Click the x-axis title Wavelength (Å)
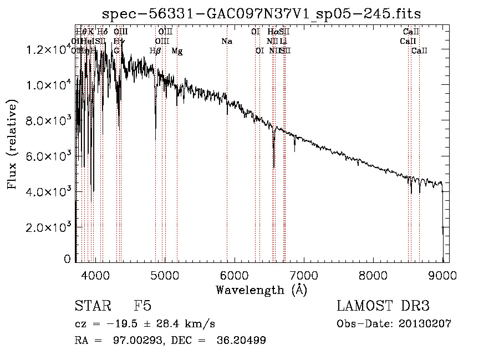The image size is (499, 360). [261, 290]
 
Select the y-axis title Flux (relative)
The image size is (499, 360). [12, 144]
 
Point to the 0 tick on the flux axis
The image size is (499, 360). [68, 259]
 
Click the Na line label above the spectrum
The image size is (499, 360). [226, 41]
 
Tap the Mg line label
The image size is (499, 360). [177, 51]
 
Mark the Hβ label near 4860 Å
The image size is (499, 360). [155, 51]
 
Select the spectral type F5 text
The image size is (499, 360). [143, 306]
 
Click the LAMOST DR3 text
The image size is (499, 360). [383, 306]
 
